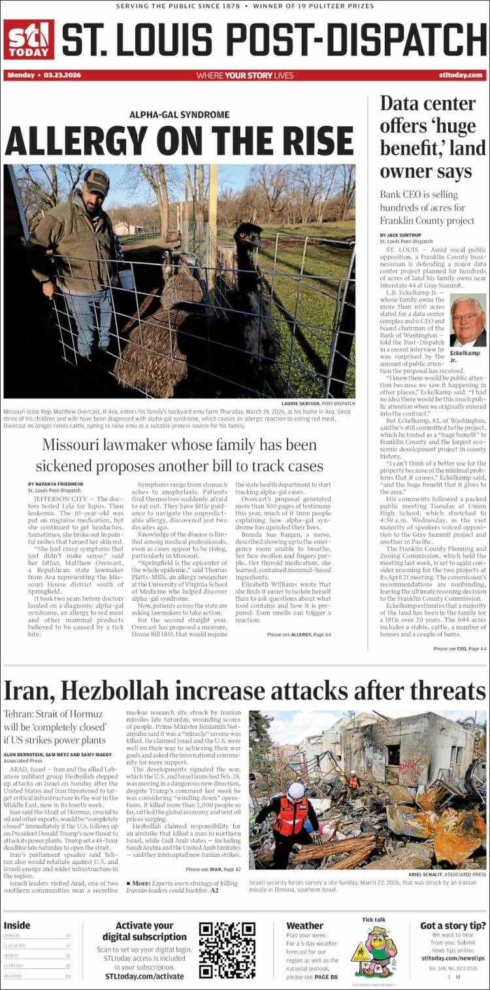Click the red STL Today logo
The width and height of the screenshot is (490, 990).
pos(29,40)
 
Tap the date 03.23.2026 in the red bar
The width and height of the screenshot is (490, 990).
pos(63,75)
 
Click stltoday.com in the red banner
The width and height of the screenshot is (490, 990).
pos(461,75)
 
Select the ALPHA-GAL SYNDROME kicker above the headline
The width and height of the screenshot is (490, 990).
pos(179,115)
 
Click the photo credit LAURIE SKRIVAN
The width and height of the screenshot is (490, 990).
pos(307,404)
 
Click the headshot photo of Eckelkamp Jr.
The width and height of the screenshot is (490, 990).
pos(468,321)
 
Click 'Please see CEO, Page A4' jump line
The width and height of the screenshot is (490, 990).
pos(459,648)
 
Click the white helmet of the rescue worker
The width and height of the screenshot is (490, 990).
pos(296,791)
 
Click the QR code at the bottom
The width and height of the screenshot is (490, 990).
pos(227,950)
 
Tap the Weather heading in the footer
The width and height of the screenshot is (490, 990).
pos(304,925)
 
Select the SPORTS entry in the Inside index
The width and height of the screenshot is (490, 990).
pos(14,955)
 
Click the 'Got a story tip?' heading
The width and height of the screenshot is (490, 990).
pos(452,925)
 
